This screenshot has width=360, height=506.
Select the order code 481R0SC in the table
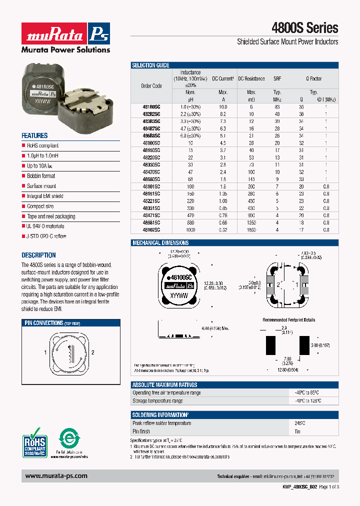(151, 107)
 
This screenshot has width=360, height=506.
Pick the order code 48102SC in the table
(151, 230)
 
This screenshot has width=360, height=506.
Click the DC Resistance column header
(251, 79)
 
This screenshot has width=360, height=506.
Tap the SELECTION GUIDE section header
(150, 65)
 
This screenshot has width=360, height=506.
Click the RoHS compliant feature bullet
(42, 145)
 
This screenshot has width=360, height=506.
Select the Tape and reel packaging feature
(51, 216)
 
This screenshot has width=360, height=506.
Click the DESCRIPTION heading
(38, 255)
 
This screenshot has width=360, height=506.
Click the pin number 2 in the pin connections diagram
(93, 352)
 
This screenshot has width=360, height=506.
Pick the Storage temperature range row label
(157, 400)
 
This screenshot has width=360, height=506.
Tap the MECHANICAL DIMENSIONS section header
(160, 243)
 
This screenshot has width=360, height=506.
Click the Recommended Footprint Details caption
(289, 320)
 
